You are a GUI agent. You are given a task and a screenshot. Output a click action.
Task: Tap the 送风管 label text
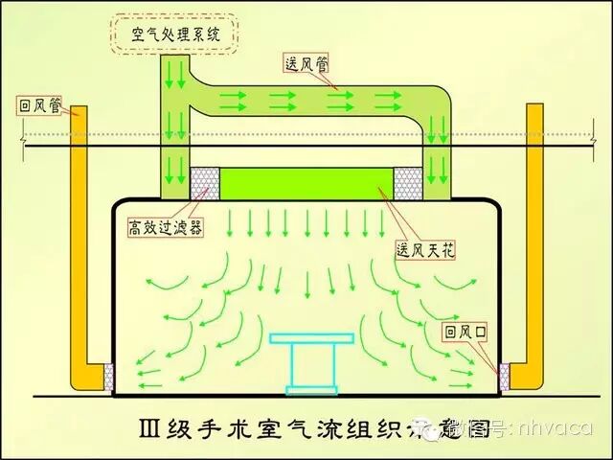click(x=306, y=64)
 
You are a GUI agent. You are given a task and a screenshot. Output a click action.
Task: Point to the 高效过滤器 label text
click(x=165, y=228)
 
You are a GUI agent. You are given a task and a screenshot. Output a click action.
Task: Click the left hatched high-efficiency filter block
click(x=203, y=179)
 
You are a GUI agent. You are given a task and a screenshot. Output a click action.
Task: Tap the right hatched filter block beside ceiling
click(x=409, y=179)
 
